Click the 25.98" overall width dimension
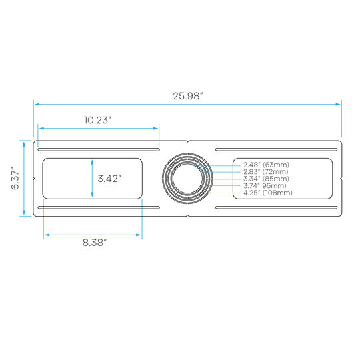pos(188,96)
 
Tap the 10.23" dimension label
pos(97,120)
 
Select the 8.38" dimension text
pos(95,243)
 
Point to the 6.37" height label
pos(15,179)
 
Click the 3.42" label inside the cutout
pos(109,179)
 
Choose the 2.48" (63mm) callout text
pos(266,165)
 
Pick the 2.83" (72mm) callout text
pos(266,172)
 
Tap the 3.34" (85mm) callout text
pos(266,179)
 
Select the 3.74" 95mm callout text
pos(265,186)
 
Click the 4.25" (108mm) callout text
pos(268,193)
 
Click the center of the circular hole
pos(187,179)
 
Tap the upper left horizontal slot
pos(99,150)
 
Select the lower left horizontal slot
pos(99,207)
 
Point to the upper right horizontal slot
pos(277,150)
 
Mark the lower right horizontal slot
pos(277,207)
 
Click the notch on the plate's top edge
pos(187,141)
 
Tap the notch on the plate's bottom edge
pos(187,215)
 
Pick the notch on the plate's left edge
pos(34,179)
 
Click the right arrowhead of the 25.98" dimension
pos(338,105)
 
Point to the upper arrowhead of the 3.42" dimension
pos(92,162)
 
